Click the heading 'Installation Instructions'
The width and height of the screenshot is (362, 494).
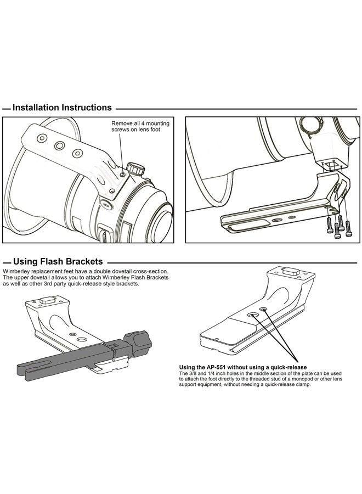(x=62, y=108)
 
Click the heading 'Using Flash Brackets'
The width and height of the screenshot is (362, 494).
(x=58, y=261)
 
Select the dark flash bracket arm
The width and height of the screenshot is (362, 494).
(x=66, y=361)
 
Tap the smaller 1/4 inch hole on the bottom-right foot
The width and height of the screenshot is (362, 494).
(x=264, y=310)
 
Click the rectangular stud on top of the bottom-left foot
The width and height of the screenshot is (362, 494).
(x=48, y=300)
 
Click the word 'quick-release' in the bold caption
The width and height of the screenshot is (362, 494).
(x=291, y=367)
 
